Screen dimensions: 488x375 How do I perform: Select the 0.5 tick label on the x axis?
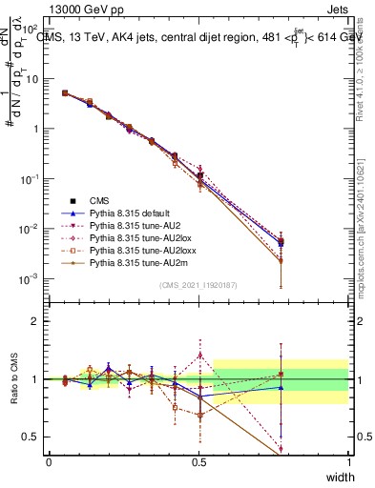(x=198, y=461)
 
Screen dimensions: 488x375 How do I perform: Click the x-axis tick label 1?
(x=348, y=461)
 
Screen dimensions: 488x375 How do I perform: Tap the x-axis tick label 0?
(x=49, y=461)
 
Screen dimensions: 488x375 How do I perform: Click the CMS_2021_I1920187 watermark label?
(x=198, y=285)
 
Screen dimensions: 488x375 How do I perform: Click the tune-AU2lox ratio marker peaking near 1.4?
(x=199, y=356)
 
